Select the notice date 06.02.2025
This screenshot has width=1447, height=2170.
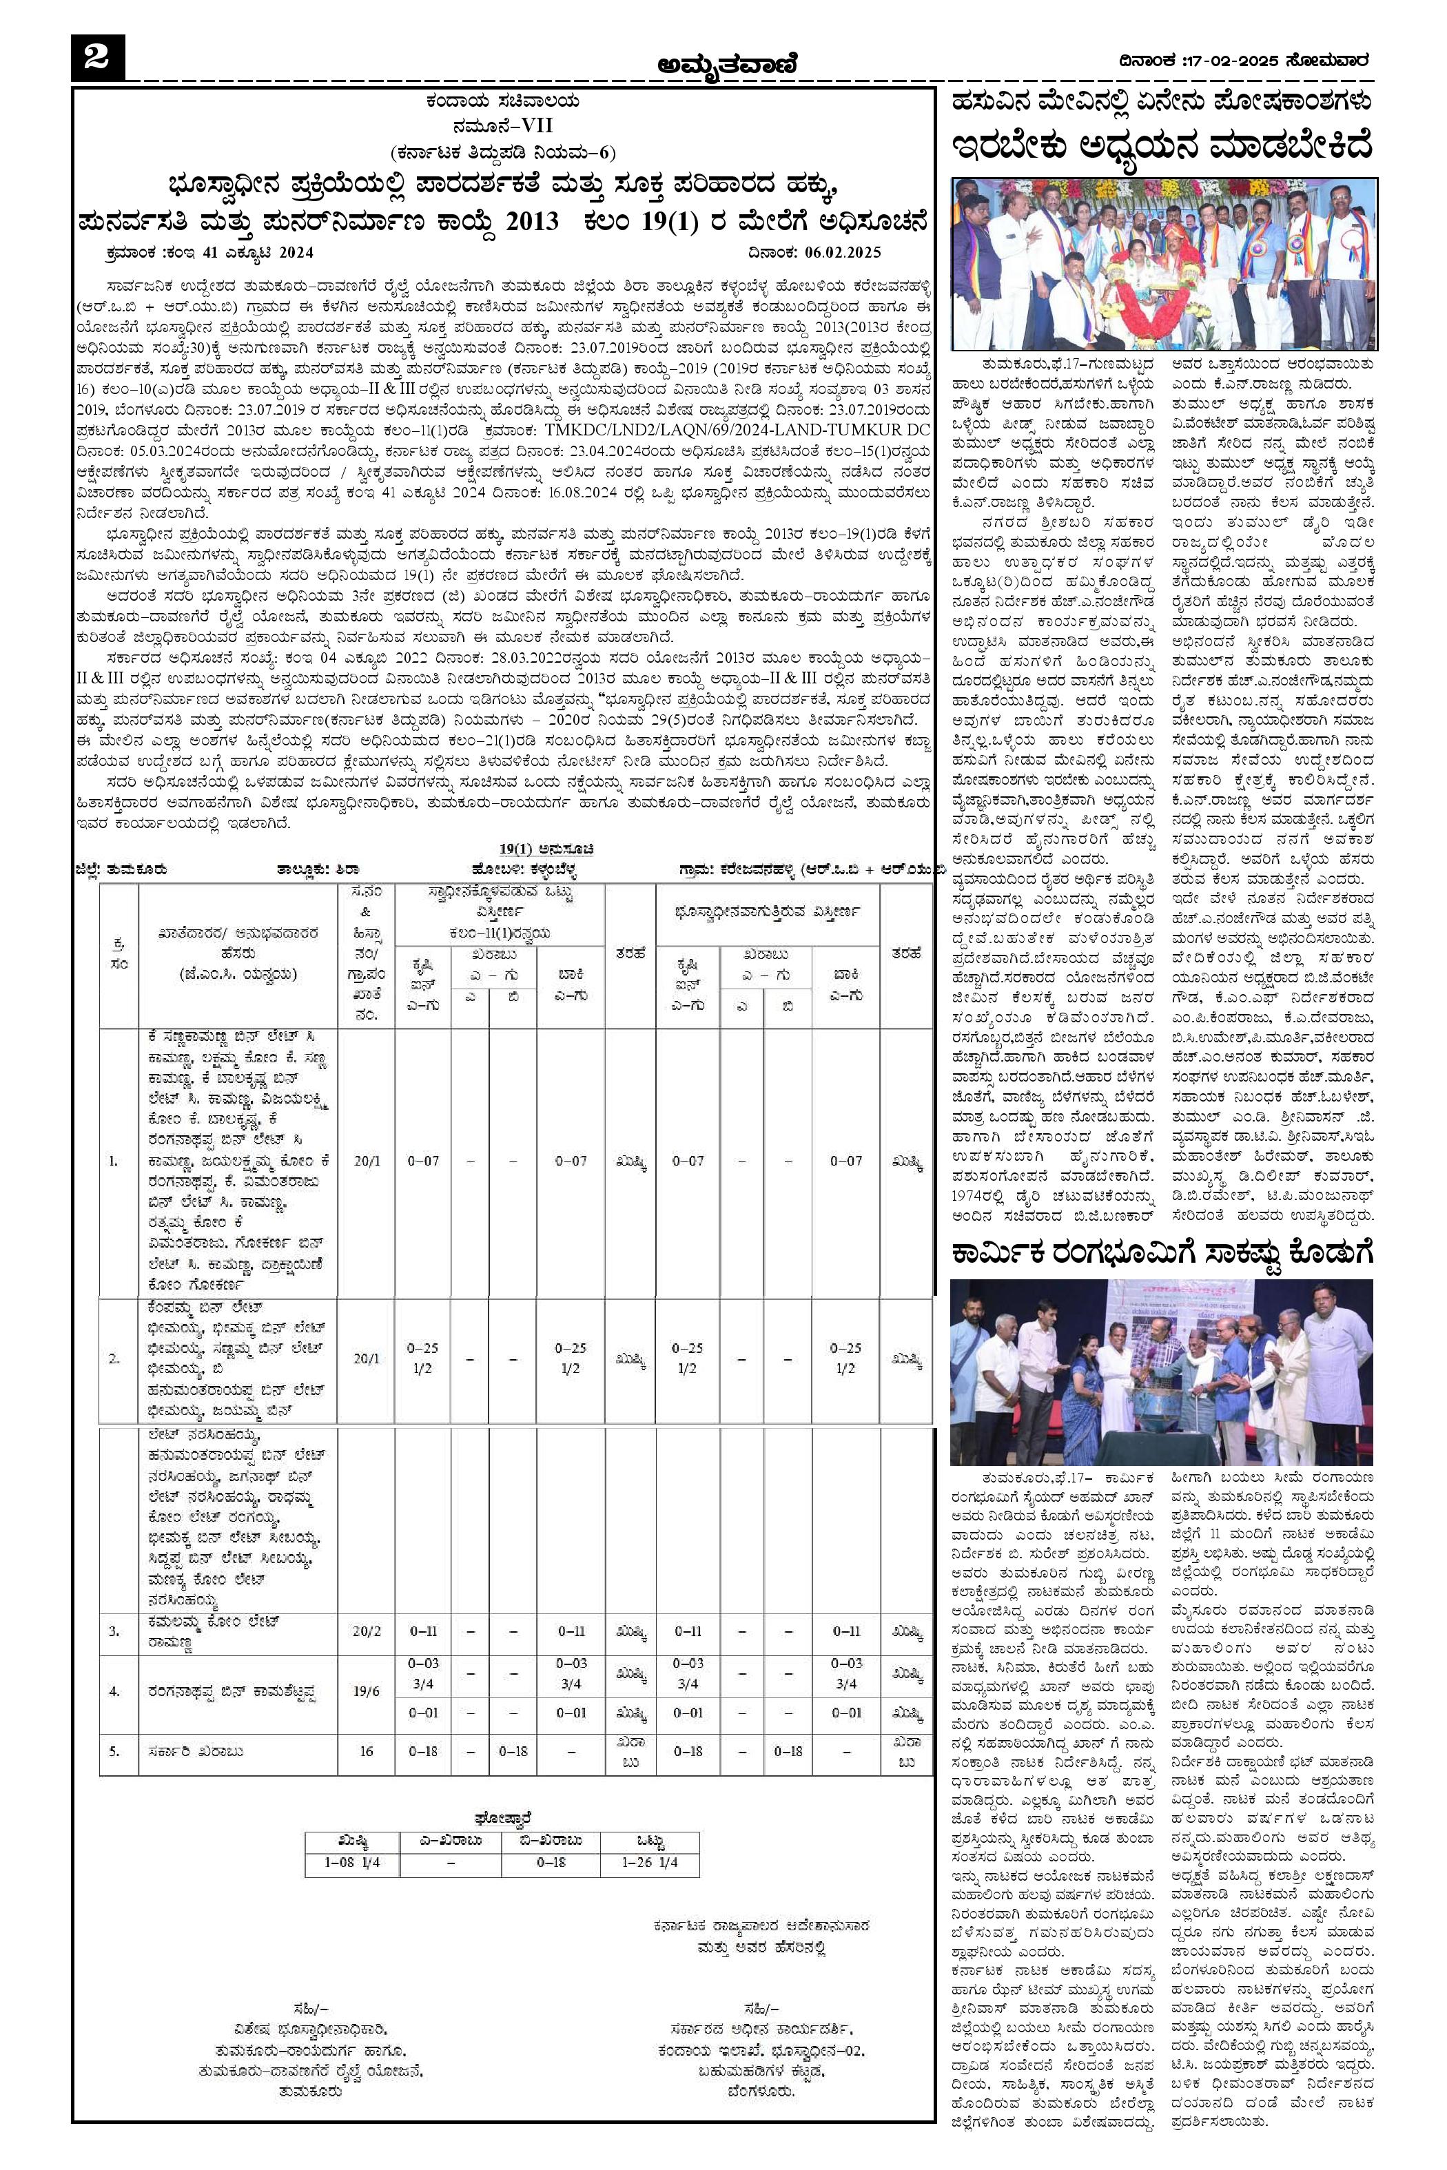point(843,252)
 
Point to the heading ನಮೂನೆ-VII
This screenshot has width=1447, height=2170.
point(502,125)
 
